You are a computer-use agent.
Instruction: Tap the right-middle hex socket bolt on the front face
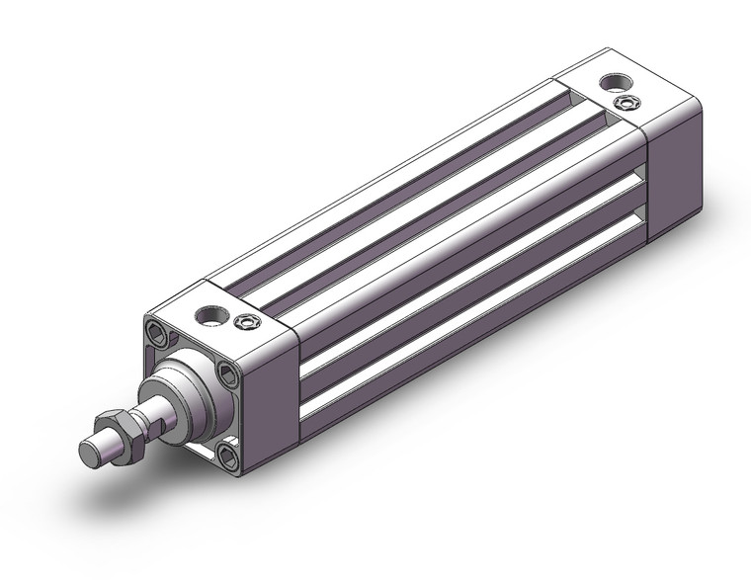(228, 373)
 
